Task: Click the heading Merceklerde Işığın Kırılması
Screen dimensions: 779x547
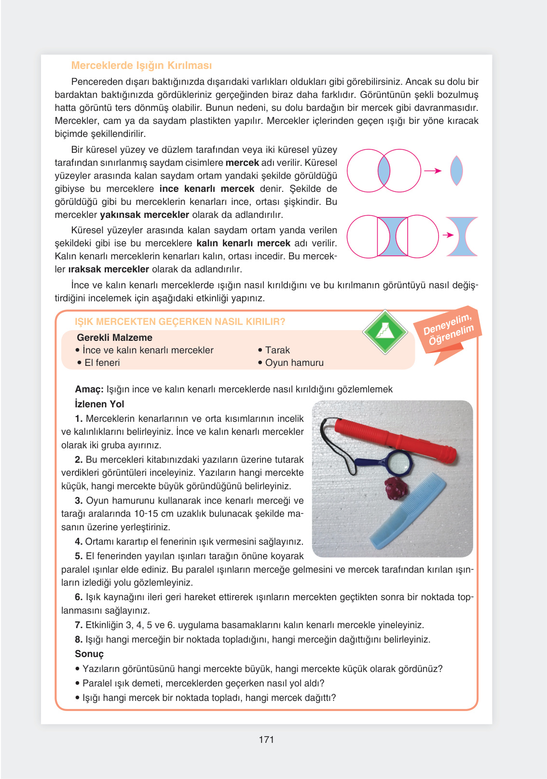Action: pos(141,66)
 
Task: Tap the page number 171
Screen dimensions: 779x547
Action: pos(266,739)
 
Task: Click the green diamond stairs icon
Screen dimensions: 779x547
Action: pos(384,332)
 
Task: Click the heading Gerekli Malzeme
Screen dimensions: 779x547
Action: pos(114,337)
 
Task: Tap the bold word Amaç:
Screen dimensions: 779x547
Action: pos(89,389)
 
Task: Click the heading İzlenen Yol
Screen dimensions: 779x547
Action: pos(99,404)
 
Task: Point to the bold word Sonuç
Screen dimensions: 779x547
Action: pos(89,654)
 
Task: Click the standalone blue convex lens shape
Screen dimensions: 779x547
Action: pos(456,171)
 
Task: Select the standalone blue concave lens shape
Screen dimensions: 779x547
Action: pos(462,236)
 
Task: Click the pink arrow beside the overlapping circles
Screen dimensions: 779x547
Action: pos(433,171)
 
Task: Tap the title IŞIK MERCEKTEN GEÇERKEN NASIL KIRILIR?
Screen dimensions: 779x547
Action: pos(180,322)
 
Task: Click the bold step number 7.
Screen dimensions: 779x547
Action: pos(79,625)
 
